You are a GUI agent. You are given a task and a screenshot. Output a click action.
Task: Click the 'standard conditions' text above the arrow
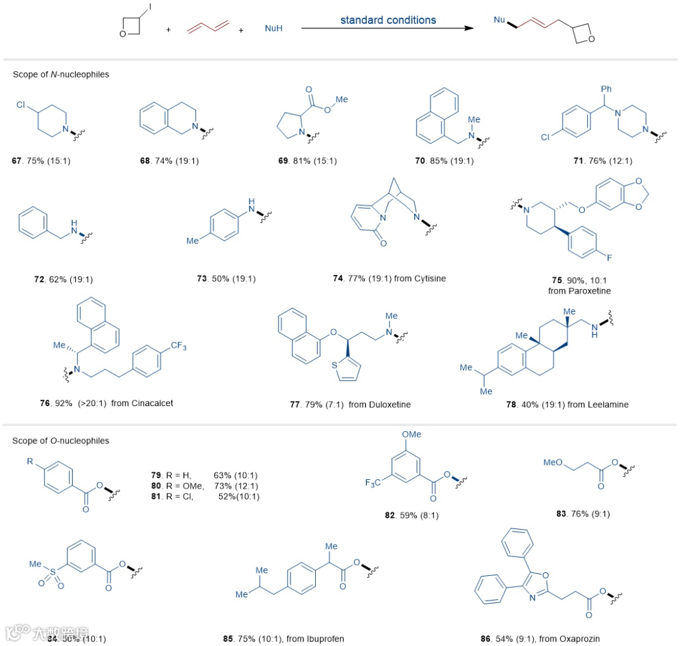tap(388, 20)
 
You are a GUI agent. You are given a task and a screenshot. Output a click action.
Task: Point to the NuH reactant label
tap(273, 29)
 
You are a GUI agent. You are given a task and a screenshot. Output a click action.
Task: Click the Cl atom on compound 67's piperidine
tap(21, 98)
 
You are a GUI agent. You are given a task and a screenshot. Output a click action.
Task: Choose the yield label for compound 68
tap(169, 160)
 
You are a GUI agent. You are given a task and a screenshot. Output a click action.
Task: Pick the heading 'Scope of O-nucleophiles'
tap(61, 441)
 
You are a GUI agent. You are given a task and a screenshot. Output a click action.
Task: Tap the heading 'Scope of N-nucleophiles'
tap(61, 75)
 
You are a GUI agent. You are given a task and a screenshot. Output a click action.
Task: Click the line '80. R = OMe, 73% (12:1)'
tap(203, 486)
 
